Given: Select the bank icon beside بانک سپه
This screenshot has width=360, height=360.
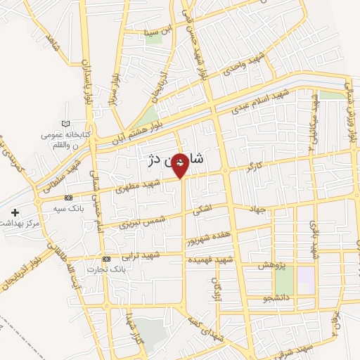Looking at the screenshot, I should (x=68, y=198).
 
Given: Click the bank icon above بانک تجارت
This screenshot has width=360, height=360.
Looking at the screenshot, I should (x=106, y=258).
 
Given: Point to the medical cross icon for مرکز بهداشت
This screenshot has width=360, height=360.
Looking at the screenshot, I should (x=15, y=212).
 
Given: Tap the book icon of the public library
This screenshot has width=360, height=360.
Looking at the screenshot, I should (x=65, y=124).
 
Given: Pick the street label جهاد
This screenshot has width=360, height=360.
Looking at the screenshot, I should (x=261, y=208).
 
